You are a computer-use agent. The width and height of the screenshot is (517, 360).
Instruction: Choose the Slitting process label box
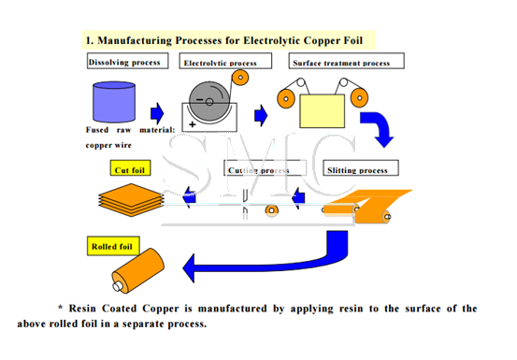pyautogui.click(x=355, y=170)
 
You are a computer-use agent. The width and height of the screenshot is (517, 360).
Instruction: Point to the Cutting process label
pyautogui.click(x=258, y=170)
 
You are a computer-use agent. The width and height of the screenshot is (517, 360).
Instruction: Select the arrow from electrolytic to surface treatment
pyautogui.click(x=261, y=115)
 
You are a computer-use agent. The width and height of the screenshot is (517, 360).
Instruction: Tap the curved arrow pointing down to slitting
pyautogui.click(x=380, y=129)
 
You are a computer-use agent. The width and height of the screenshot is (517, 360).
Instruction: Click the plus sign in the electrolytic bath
pyautogui.click(x=193, y=123)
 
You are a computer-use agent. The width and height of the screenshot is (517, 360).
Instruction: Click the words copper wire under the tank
pyautogui.click(x=109, y=146)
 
